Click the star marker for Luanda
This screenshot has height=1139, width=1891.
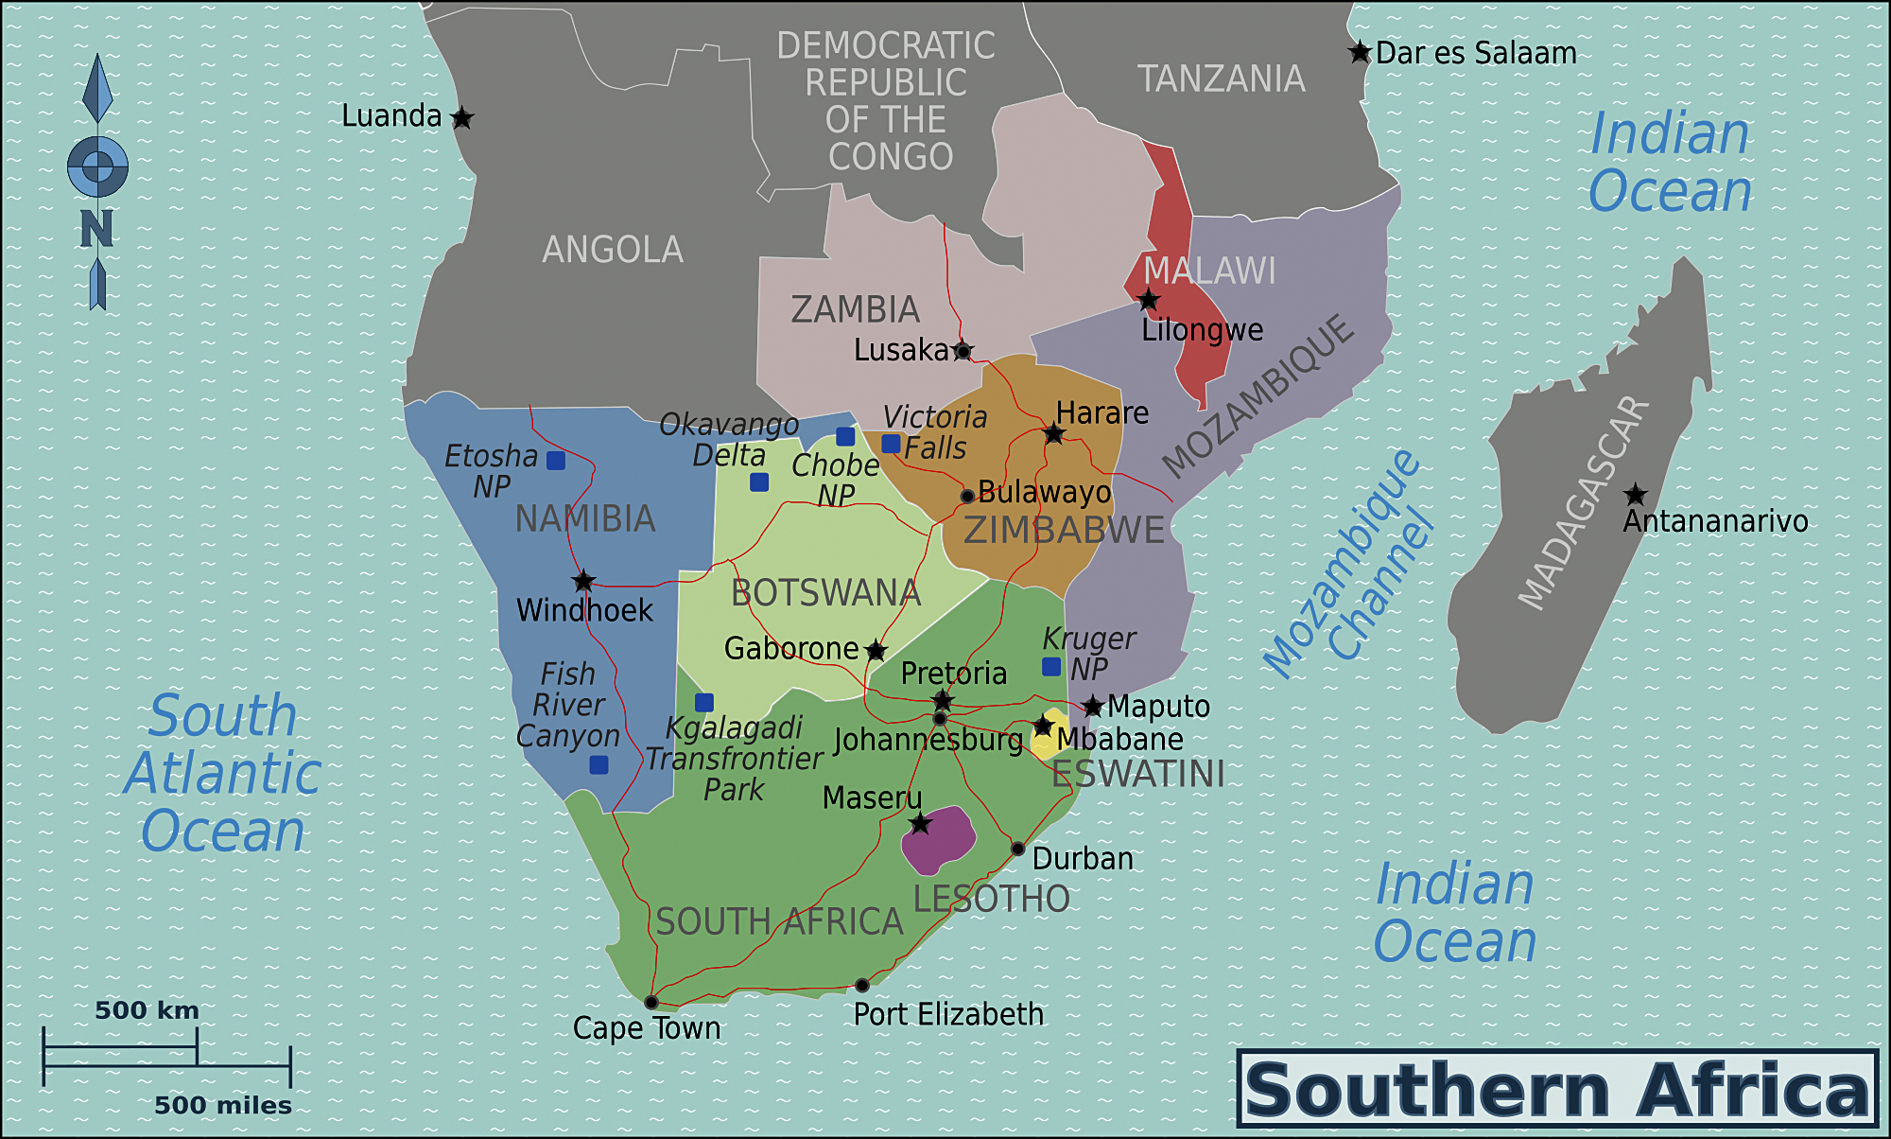tap(461, 118)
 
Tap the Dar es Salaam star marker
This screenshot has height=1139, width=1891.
tap(1360, 52)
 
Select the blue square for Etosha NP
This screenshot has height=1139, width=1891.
tap(556, 461)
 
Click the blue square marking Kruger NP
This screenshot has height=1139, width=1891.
tap(1050, 667)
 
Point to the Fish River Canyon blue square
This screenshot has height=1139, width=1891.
tap(599, 764)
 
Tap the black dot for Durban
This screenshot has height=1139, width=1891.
tap(1017, 849)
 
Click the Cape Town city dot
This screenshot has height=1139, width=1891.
tap(651, 1002)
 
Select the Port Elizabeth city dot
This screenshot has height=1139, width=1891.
tap(861, 986)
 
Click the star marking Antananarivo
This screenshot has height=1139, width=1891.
tap(1635, 495)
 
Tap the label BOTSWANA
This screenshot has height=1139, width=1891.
tap(825, 593)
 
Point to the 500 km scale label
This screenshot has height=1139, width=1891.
tap(147, 1010)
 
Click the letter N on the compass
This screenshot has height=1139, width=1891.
tap(96, 228)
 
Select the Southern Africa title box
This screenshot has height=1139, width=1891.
tap(1557, 1089)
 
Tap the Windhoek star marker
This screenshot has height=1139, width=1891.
tap(583, 581)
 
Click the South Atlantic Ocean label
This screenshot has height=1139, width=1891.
tap(223, 773)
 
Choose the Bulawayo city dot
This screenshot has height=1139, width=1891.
tap(967, 496)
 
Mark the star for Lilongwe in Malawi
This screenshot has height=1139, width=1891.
tap(1148, 300)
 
